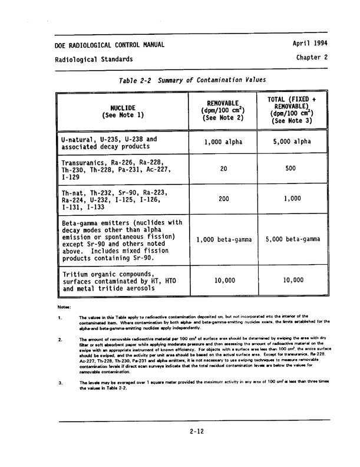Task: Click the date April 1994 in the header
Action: (x=310, y=44)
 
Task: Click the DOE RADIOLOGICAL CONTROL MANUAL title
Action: (x=110, y=45)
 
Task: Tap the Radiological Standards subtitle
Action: (x=94, y=60)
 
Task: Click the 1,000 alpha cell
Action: (x=223, y=142)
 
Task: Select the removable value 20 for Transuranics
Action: (x=223, y=169)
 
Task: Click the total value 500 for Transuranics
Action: (x=290, y=169)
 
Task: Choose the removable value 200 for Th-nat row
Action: (x=223, y=199)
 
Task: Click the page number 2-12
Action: (x=197, y=431)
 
